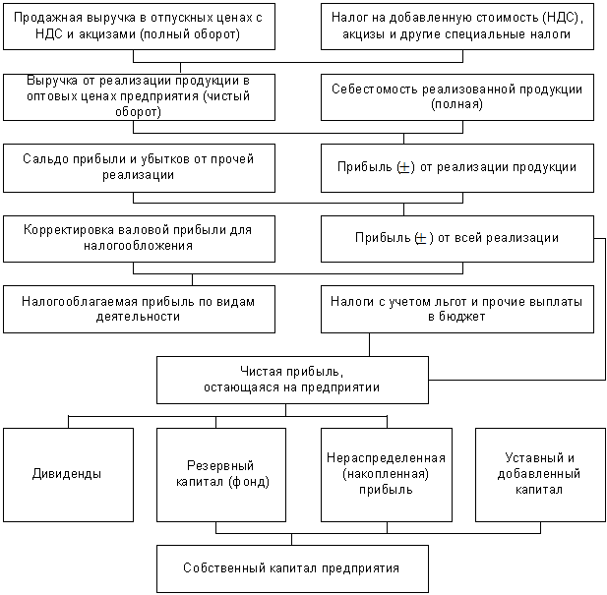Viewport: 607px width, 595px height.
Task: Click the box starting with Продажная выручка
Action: point(138,27)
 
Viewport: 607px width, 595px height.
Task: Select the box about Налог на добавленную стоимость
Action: point(456,27)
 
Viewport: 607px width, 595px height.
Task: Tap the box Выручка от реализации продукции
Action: point(138,96)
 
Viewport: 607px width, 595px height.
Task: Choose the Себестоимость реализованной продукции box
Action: point(456,96)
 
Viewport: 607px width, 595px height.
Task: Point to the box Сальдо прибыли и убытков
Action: point(138,167)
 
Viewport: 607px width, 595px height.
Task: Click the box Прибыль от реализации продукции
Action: point(456,167)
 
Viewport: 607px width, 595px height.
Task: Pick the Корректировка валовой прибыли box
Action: point(138,238)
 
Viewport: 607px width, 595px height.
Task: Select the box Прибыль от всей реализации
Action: point(456,238)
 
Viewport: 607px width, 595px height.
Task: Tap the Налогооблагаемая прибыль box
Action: point(138,309)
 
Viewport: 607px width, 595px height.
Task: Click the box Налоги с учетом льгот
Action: point(456,309)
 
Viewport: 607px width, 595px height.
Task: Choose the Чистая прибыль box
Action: point(292,380)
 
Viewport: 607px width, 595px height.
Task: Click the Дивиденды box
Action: point(67,474)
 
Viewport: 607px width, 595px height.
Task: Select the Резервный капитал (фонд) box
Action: point(221,474)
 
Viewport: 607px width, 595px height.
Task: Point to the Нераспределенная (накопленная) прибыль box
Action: point(387,474)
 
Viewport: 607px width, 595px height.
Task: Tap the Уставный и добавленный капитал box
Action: point(541,474)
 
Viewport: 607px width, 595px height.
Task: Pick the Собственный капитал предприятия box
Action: point(292,568)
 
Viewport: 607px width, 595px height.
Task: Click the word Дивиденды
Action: point(67,474)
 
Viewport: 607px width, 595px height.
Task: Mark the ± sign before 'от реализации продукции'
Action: point(404,167)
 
